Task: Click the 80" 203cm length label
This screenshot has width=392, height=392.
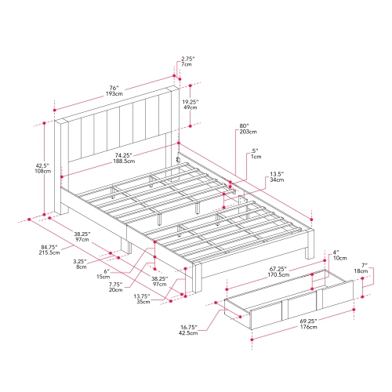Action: point(244,130)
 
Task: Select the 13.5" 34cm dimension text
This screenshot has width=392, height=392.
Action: point(276,178)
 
